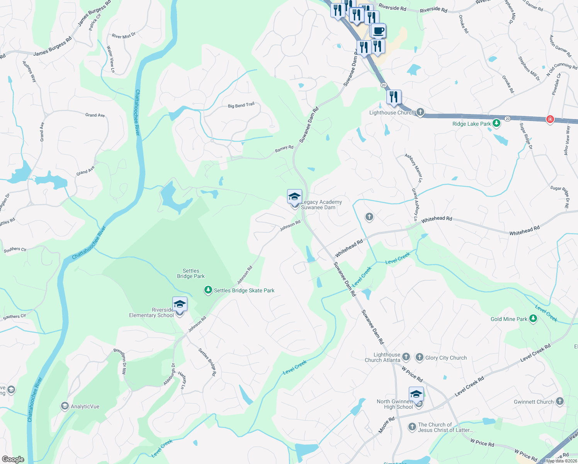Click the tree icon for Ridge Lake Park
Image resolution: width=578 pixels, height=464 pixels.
496,124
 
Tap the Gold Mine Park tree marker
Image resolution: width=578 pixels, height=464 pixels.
533,319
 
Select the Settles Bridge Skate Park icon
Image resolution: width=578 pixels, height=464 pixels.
208,290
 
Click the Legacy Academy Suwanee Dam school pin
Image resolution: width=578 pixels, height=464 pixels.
294,197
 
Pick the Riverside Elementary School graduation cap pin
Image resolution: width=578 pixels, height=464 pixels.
180,304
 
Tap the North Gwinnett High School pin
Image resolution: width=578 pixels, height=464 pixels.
416,394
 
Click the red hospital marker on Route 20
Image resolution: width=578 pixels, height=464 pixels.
550,119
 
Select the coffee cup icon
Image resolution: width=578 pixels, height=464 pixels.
378,31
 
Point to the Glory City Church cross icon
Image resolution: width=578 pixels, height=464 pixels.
420,358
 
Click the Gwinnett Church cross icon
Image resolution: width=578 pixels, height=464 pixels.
559,402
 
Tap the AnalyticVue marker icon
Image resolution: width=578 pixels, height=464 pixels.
65,406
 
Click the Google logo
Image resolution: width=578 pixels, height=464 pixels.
13,459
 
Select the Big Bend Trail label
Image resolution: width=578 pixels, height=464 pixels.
241,105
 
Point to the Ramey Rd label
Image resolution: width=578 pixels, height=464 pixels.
284,148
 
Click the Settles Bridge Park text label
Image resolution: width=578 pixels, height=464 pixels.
191,273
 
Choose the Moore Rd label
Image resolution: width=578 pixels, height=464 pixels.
386,425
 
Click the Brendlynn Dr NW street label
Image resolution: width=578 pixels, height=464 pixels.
120,362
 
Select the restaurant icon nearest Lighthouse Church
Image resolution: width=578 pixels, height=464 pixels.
394,97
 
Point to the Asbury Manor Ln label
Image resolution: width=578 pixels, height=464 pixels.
414,168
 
